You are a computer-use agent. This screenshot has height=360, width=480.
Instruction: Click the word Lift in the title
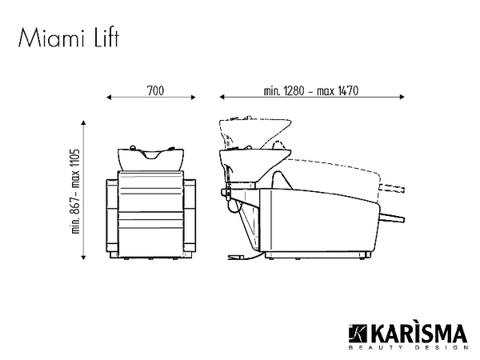[x=106, y=38]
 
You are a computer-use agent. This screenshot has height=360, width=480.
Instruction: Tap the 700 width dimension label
[x=155, y=91]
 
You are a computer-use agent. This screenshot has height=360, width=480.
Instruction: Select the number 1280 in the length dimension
[x=294, y=91]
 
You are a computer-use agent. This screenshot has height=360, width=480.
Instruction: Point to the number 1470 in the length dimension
[x=348, y=91]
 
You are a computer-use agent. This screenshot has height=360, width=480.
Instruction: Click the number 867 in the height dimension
[x=75, y=206]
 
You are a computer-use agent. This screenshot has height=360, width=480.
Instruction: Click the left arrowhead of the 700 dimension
[x=109, y=98]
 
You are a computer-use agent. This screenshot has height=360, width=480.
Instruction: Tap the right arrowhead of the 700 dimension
[x=193, y=98]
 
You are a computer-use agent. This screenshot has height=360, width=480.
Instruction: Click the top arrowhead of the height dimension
[x=83, y=122]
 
